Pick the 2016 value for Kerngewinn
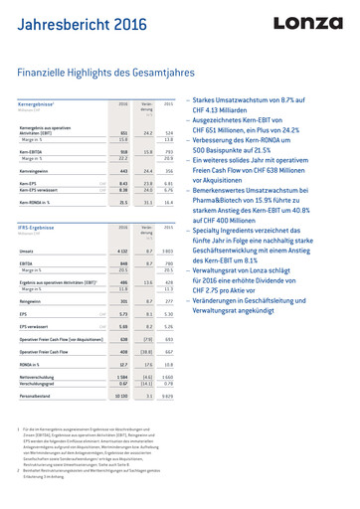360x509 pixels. (x=122, y=171)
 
